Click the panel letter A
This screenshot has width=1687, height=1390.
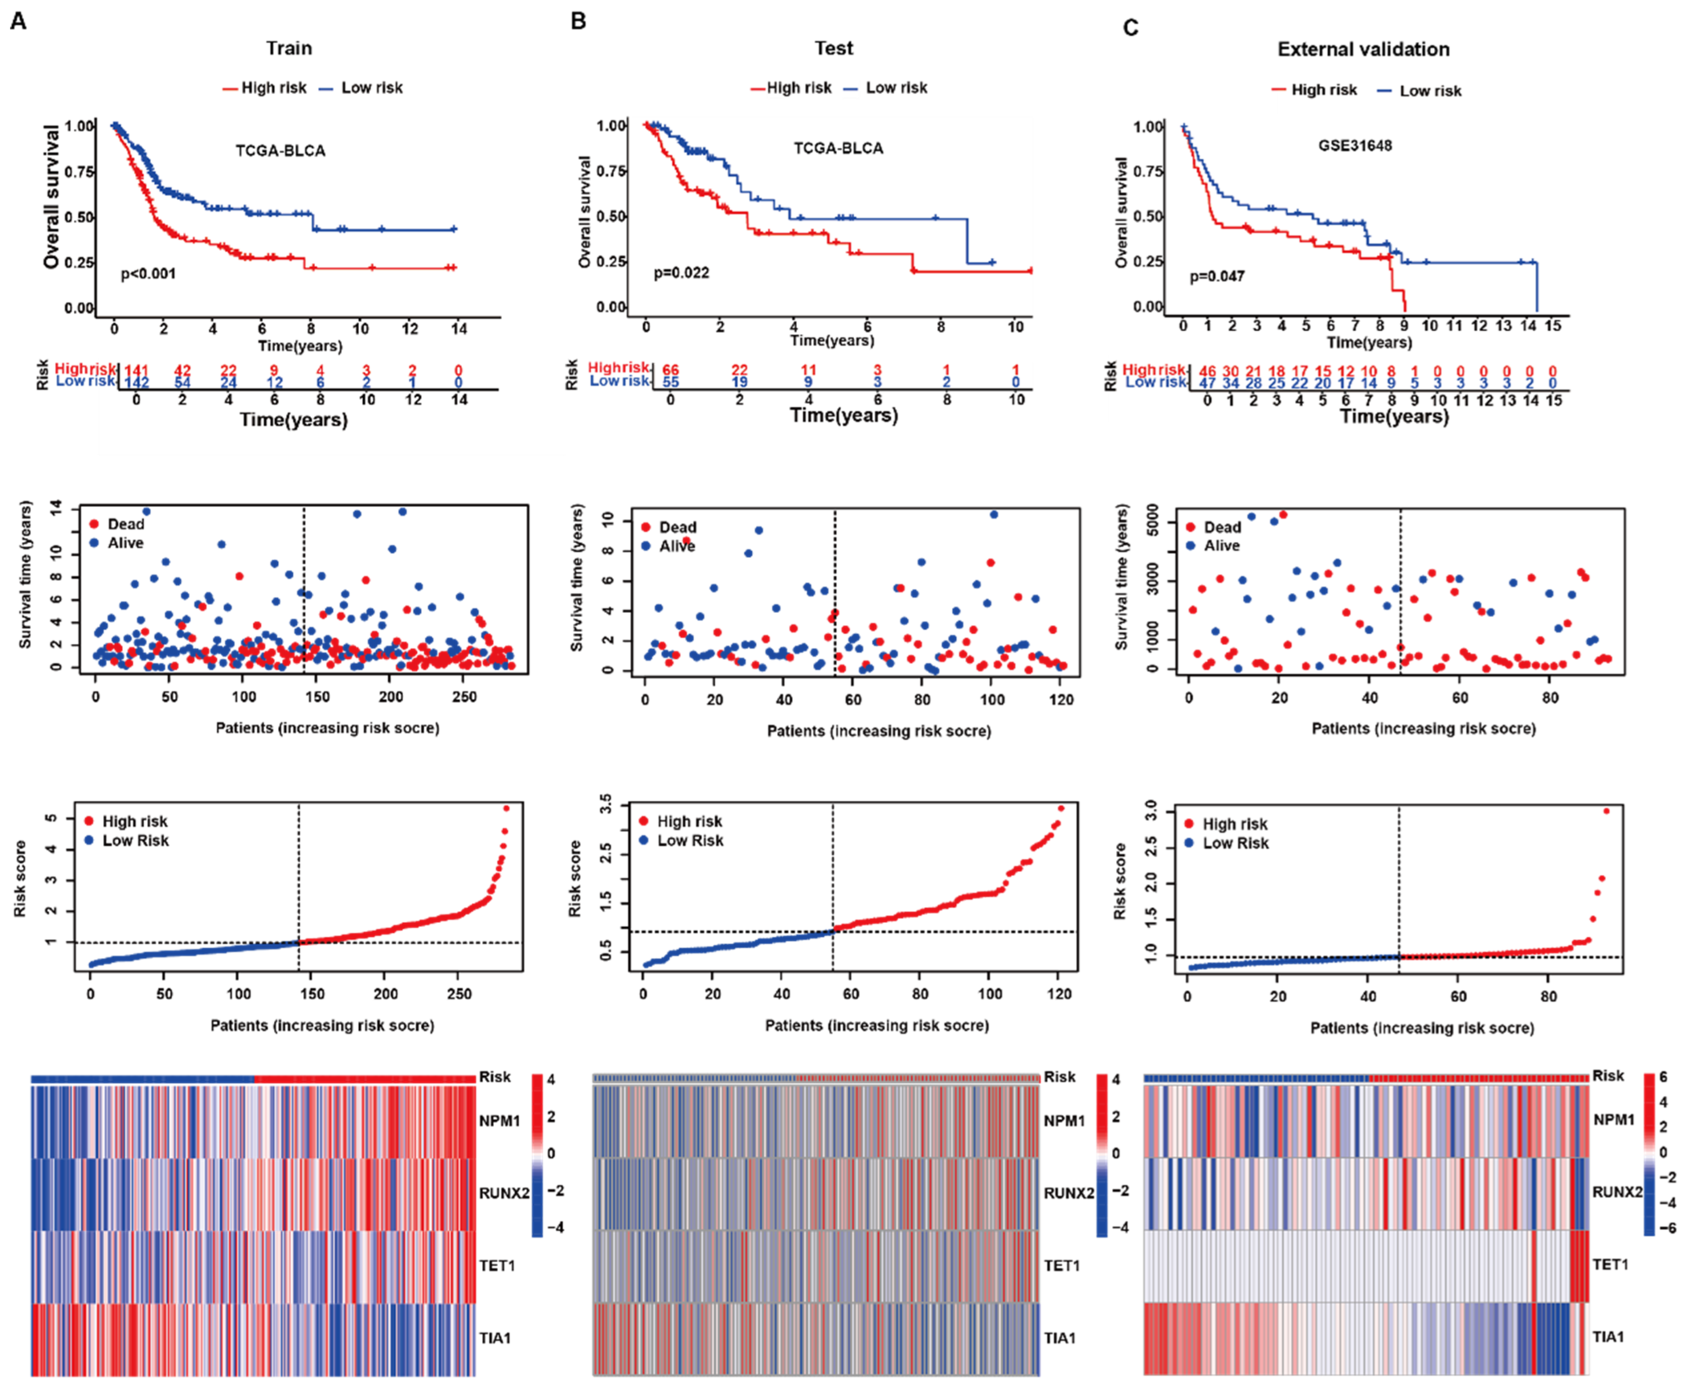coord(18,22)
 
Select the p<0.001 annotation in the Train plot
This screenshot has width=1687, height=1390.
coord(148,274)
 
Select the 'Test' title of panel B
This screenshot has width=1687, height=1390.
coord(834,48)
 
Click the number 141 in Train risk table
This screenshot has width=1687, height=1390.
coord(136,370)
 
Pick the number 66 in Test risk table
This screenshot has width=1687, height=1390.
coord(670,370)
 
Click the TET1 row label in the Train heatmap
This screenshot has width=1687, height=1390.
coord(497,1266)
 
